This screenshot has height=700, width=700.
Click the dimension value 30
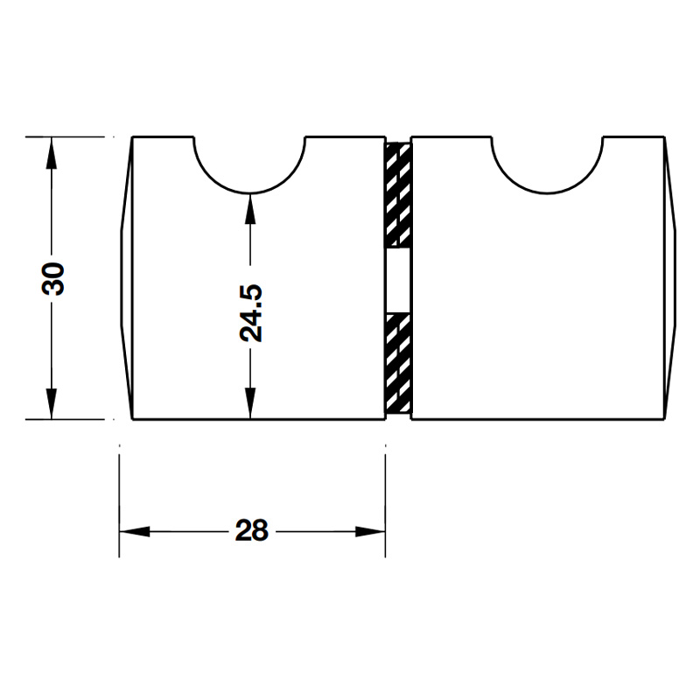tap(53, 278)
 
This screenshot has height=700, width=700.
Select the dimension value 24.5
tap(251, 313)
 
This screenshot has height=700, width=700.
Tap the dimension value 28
tap(252, 531)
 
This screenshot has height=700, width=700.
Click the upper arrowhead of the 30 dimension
tap(52, 152)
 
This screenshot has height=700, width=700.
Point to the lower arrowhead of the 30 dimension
tap(52, 403)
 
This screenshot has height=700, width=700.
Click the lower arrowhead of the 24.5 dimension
tap(250, 403)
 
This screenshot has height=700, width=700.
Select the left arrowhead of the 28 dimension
tap(135, 532)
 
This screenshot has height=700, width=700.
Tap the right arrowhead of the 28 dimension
tap(369, 532)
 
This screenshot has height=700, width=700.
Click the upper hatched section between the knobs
tap(398, 194)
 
